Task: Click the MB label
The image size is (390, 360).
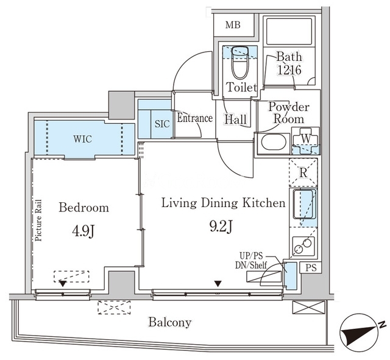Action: click(233, 25)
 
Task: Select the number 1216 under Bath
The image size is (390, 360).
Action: click(289, 70)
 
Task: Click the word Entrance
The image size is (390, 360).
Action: click(195, 118)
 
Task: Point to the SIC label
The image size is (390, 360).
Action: click(162, 124)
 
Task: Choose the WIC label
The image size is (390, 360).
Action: click(83, 139)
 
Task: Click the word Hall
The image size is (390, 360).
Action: click(236, 119)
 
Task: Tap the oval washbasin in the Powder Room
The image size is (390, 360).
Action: click(272, 142)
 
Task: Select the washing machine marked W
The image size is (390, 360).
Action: click(306, 141)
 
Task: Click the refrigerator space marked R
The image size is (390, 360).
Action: click(303, 172)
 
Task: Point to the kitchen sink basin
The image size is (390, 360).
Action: click(305, 204)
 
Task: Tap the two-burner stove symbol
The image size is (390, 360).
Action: click(303, 246)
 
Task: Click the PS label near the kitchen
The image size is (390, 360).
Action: click(311, 268)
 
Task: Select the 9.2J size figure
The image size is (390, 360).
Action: click(221, 227)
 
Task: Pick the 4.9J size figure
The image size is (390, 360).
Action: click(83, 232)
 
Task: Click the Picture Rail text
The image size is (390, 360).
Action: click(38, 221)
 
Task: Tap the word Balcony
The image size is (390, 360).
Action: click(170, 322)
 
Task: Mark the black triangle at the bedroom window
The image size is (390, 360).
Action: click(63, 284)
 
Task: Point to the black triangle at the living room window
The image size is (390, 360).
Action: click(218, 284)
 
